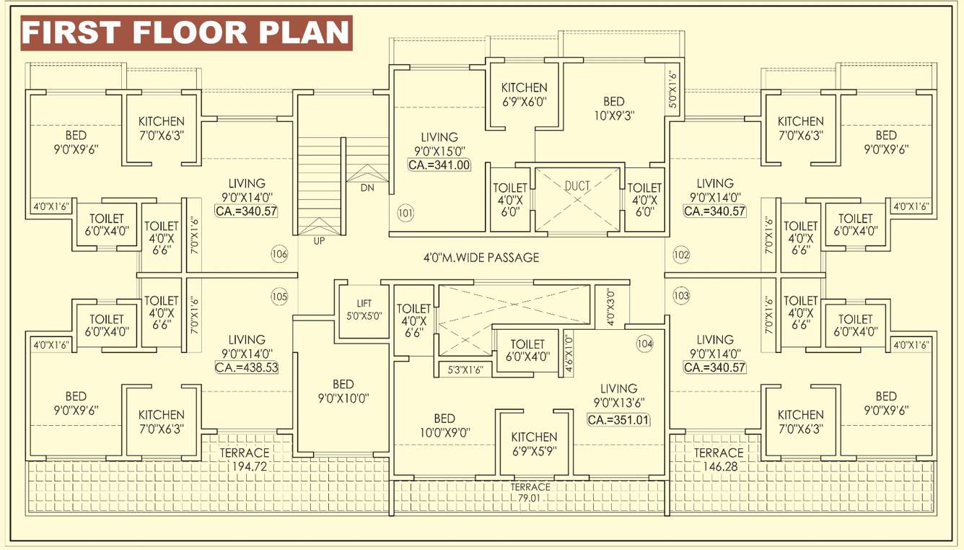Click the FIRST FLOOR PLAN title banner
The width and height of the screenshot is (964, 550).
(x=186, y=32)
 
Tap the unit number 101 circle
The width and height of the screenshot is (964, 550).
(x=406, y=213)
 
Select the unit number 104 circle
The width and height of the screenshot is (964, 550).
(x=644, y=344)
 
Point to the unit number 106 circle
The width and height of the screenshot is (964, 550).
(x=279, y=254)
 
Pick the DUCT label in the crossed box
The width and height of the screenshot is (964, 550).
(x=577, y=185)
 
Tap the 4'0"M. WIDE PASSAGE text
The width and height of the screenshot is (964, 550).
(x=481, y=257)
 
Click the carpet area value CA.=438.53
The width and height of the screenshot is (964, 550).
(x=247, y=367)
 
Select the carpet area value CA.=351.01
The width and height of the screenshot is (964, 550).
(x=618, y=419)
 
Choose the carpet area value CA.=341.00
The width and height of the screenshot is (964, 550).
(x=439, y=165)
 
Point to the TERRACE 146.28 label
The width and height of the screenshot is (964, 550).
(x=718, y=459)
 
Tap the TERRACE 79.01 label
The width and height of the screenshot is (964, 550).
(x=530, y=492)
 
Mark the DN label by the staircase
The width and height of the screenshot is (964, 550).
(x=367, y=188)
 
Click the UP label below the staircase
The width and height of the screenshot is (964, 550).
(x=319, y=241)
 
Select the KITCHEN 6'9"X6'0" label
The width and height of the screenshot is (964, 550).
(x=524, y=95)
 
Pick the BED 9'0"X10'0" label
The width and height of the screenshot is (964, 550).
(x=343, y=390)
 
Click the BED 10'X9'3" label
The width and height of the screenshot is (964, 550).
(x=613, y=108)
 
